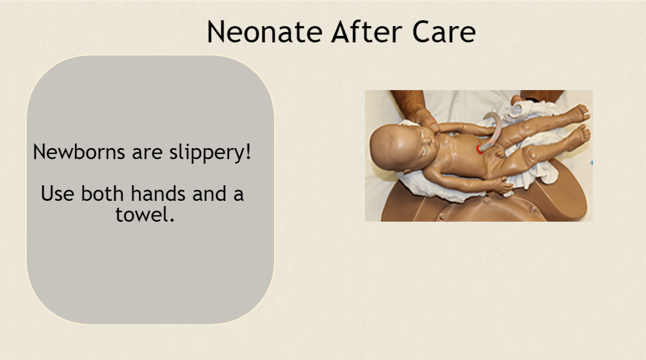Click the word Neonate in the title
point(264,32)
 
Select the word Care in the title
point(444,32)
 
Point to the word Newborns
point(79,151)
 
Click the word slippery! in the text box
point(210,153)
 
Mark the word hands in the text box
point(158,193)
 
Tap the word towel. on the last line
point(145,215)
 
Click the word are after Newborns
point(147,153)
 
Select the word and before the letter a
point(209,193)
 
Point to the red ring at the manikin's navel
point(480,149)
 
